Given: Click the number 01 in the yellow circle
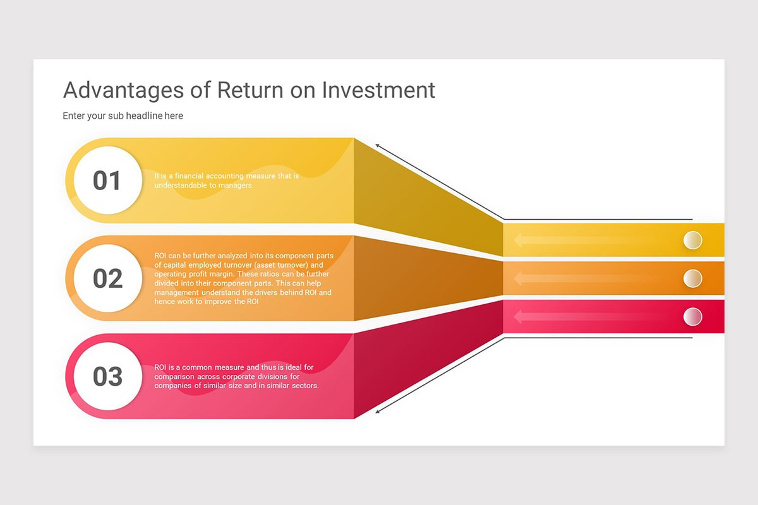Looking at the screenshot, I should point(107,181).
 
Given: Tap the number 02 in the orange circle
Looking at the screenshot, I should point(107,278).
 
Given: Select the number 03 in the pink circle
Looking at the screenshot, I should point(107,376).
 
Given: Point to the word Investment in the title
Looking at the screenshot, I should point(378,90).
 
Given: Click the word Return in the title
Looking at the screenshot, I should point(250,90).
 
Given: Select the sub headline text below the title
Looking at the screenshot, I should point(123,116).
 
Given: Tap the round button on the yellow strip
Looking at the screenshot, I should point(693,240).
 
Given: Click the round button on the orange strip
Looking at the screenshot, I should point(693,278).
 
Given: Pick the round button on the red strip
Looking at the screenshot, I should point(693,316).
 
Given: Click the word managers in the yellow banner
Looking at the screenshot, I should point(236,186).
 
